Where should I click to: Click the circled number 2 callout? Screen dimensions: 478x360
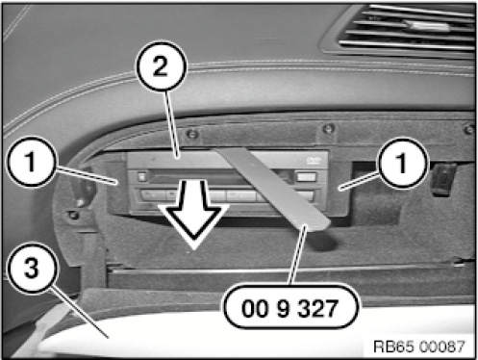tap(161, 66)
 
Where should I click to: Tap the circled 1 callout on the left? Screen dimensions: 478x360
tap(31, 162)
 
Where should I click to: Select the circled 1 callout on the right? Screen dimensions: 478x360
tap(402, 163)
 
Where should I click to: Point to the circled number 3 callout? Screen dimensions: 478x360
tap(32, 268)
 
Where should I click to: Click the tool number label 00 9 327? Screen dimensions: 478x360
tap(289, 308)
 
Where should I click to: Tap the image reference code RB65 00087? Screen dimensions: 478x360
tap(419, 347)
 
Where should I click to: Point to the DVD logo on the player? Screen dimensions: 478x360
tap(312, 160)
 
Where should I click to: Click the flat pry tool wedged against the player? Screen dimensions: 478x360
tap(272, 190)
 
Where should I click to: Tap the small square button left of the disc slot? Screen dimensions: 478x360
tap(141, 177)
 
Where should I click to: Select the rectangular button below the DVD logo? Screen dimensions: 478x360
tap(307, 177)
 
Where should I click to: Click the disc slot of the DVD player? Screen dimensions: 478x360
tap(205, 175)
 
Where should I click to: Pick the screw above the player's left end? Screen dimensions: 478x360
tap(191, 134)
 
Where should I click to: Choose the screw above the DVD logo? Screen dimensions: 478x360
tap(328, 129)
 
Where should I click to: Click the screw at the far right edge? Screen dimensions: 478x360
tap(469, 129)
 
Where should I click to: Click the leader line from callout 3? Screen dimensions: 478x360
tap(80, 312)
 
